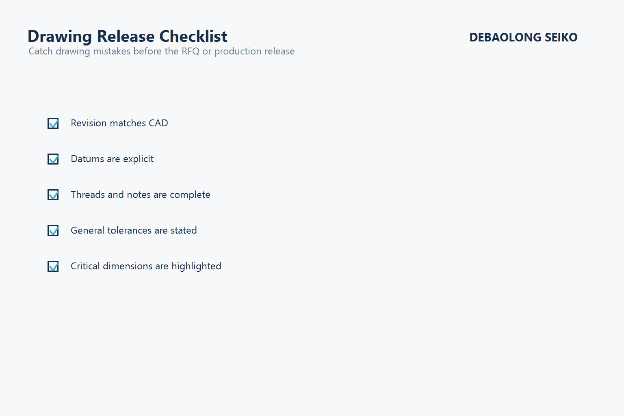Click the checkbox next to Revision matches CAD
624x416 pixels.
[x=53, y=123]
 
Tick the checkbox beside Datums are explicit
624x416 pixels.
[x=53, y=159]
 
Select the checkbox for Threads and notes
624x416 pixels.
[x=53, y=195]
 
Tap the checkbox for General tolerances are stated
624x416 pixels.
[x=53, y=231]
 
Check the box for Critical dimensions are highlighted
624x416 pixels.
[x=53, y=266]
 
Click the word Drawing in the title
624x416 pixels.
[x=60, y=37]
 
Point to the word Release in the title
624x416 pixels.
[x=126, y=37]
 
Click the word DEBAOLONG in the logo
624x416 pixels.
[x=505, y=37]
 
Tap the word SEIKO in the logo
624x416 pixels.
[x=561, y=37]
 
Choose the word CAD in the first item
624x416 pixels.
[x=158, y=123]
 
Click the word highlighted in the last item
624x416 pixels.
[x=196, y=266]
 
